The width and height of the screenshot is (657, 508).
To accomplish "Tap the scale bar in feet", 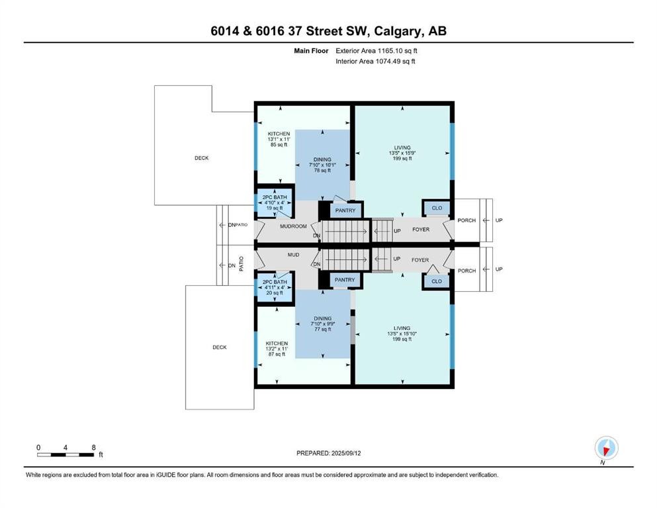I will [66, 454].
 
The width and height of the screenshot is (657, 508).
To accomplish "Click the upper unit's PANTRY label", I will [345, 210].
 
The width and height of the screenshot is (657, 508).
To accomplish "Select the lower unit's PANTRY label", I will [345, 280].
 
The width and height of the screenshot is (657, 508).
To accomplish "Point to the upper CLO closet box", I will [437, 208].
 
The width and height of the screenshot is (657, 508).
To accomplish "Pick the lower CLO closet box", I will [437, 281].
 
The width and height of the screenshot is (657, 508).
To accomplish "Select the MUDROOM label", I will [293, 226].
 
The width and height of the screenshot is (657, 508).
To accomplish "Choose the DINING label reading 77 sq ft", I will [323, 324].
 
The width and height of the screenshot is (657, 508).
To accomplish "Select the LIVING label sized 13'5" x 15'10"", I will [402, 333].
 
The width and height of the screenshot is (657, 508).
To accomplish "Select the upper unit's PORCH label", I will [466, 220].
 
